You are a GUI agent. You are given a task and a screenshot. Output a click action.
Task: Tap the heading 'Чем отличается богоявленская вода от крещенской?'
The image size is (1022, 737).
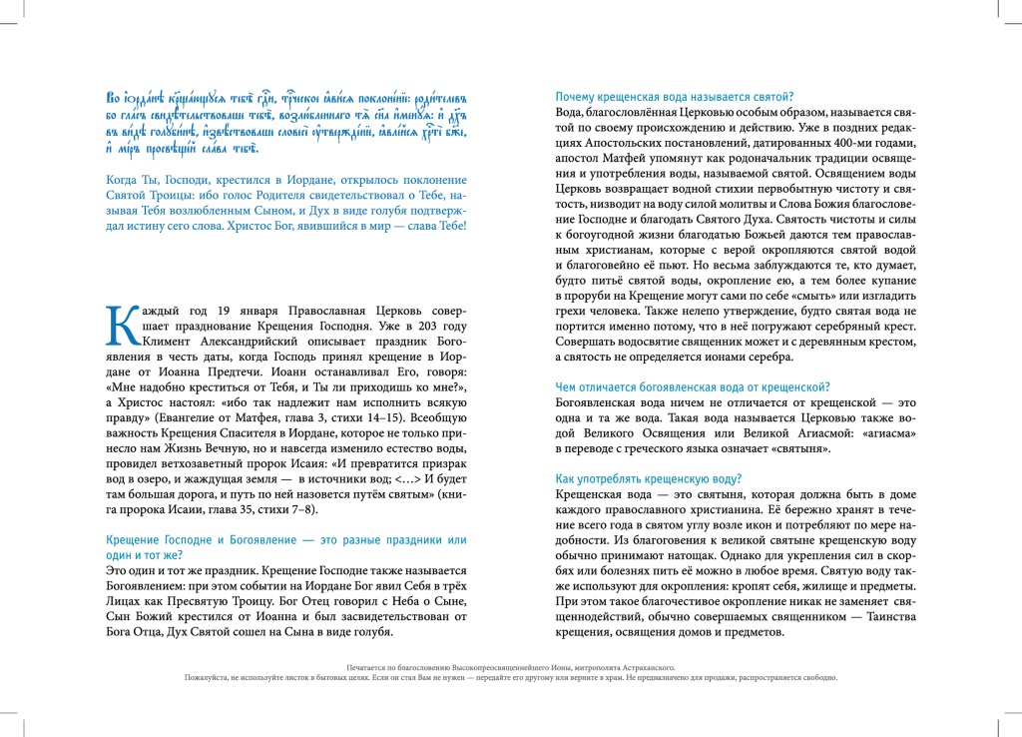[693, 386]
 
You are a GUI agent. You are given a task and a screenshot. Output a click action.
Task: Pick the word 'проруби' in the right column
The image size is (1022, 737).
[591, 295]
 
